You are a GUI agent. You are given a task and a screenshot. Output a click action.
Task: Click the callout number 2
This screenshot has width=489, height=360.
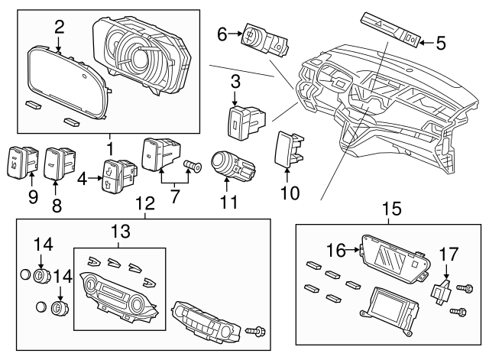[60, 28]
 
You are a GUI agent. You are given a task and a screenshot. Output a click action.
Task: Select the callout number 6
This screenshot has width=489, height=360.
[222, 34]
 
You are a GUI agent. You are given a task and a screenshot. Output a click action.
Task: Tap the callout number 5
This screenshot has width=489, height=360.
[440, 43]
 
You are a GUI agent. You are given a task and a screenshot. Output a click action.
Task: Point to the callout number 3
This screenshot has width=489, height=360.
[235, 80]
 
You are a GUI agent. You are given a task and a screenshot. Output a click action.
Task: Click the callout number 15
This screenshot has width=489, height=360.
[391, 207]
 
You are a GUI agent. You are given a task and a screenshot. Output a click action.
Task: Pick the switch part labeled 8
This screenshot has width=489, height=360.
[57, 160]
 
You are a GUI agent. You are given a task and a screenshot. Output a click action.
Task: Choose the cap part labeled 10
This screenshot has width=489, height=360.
[288, 148]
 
